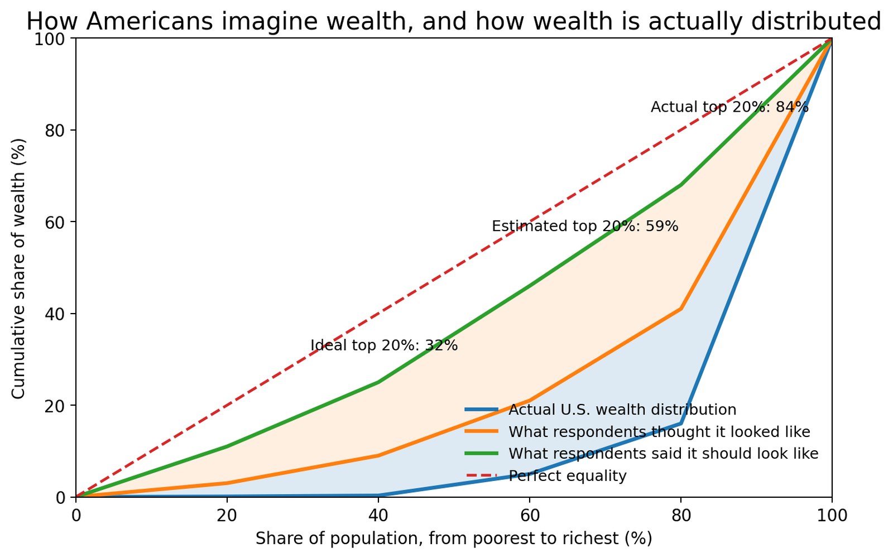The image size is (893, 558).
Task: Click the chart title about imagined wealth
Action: click(x=453, y=21)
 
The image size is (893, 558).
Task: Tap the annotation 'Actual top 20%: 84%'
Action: click(x=729, y=107)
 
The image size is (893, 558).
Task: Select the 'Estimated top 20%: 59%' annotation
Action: click(x=585, y=226)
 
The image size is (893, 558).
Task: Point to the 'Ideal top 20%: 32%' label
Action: click(x=384, y=345)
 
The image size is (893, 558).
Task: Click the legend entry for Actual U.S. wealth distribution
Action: click(x=622, y=410)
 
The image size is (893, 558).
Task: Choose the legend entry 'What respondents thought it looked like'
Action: click(x=659, y=432)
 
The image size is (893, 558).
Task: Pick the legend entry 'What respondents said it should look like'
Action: click(x=663, y=454)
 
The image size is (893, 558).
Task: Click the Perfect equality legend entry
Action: click(x=567, y=476)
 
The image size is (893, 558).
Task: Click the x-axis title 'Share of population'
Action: click(x=453, y=538)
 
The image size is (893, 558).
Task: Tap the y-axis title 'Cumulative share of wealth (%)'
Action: click(x=18, y=268)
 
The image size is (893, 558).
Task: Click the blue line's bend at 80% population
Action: click(x=681, y=424)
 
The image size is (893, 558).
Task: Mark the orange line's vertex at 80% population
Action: click(x=681, y=309)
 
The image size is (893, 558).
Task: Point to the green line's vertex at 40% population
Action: click(x=378, y=382)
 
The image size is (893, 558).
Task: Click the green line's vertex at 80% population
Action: click(x=681, y=185)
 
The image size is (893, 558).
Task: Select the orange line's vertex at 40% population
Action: click(x=378, y=456)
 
